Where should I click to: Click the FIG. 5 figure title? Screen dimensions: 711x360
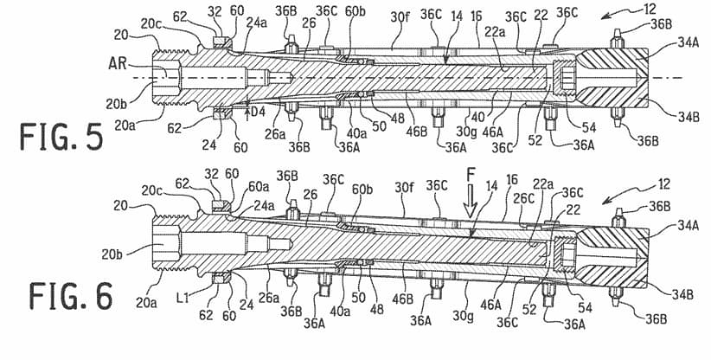point(61,137)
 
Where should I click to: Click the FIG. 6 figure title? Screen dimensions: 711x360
point(71,296)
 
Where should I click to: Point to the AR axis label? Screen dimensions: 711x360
point(118,63)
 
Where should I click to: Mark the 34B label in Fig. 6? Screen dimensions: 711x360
point(682,295)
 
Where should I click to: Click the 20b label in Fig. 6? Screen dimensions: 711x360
point(111,254)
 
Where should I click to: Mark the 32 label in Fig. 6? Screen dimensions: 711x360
point(212,174)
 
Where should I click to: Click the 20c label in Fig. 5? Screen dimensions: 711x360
point(149,24)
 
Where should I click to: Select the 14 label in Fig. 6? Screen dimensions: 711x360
point(491,186)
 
